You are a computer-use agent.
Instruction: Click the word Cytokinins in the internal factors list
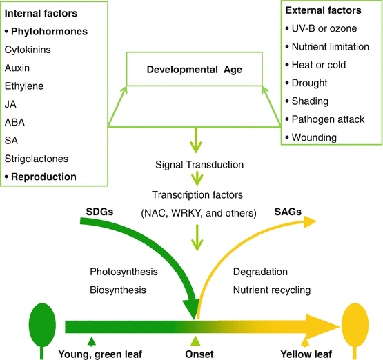click(x=27, y=50)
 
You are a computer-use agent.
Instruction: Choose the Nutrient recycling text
click(x=271, y=290)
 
